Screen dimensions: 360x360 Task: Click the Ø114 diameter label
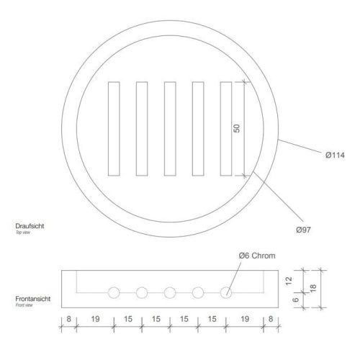(335, 155)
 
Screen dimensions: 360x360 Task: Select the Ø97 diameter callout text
(303, 230)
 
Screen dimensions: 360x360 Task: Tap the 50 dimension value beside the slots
(237, 128)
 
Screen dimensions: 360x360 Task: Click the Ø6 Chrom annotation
(257, 256)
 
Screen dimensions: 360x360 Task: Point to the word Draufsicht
(30, 226)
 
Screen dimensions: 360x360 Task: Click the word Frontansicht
(33, 299)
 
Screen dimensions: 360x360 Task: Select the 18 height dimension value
(313, 288)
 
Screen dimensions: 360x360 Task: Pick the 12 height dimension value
(289, 281)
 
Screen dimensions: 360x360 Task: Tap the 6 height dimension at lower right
(296, 300)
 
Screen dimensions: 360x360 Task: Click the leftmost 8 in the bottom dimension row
(68, 319)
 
